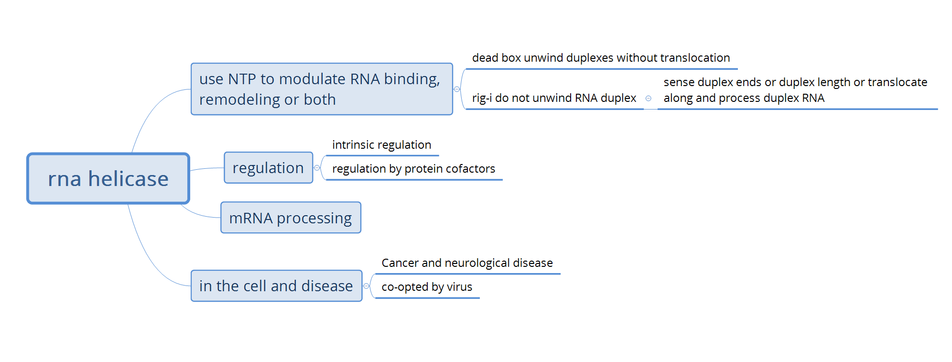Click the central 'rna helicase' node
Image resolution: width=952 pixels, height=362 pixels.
[108, 178]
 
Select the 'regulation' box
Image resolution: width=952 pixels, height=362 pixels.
[268, 168]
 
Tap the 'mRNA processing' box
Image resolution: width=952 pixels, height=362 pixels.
[291, 218]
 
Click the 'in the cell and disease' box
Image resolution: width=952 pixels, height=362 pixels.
[276, 286]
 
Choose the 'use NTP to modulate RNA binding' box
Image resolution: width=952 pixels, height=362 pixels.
[321, 89]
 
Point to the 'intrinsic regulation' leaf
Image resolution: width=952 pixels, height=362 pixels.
[381, 145]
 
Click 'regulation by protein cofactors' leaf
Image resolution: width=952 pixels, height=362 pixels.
[413, 169]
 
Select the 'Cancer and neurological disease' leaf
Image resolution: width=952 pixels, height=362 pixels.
[467, 263]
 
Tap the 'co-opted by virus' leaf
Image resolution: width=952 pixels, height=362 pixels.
[427, 287]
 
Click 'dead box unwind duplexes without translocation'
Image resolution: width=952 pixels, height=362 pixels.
[601, 58]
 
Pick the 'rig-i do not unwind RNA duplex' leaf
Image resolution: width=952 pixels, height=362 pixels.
[554, 98]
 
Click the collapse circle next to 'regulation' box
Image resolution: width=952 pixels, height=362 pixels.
[317, 168]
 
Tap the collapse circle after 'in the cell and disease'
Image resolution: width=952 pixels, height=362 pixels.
[367, 286]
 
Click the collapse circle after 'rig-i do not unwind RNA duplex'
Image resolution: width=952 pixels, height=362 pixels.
[649, 99]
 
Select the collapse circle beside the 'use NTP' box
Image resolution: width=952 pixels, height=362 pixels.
[457, 89]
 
